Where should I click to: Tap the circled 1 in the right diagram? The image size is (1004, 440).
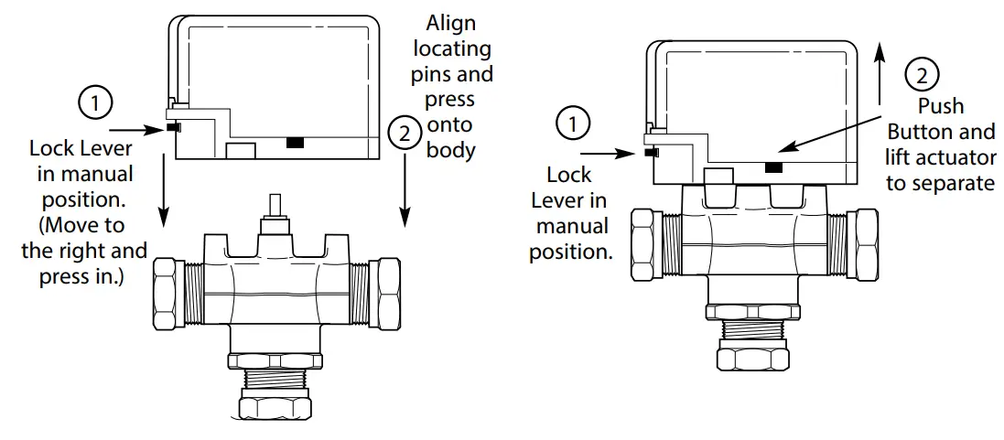coord(574,123)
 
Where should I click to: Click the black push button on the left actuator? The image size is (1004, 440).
coord(295,143)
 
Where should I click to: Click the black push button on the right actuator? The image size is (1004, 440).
coord(773,166)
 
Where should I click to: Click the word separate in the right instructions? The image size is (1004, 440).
coord(940,183)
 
